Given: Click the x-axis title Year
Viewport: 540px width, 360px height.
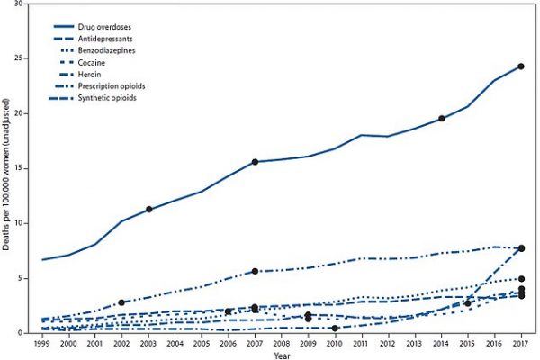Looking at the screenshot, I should coord(283,355).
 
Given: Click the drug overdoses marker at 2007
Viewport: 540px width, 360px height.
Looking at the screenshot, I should coord(256,162).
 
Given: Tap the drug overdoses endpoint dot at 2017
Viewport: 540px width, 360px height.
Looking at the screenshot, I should coord(521,67).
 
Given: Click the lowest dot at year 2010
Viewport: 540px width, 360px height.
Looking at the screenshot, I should coord(336,328).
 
